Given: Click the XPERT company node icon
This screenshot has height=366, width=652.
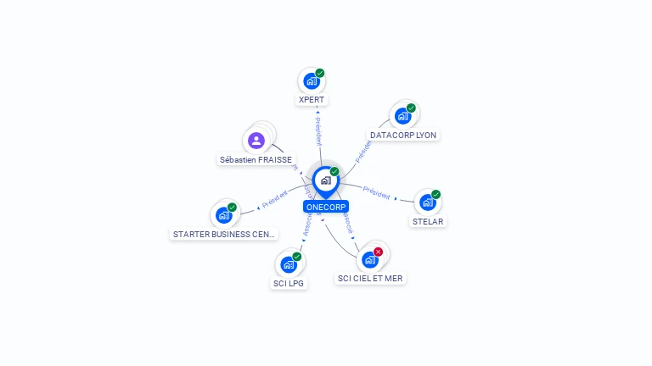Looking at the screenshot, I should [311, 82].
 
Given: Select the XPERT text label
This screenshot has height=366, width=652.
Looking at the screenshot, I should [312, 100].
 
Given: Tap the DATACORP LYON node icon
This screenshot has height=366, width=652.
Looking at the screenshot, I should [402, 116].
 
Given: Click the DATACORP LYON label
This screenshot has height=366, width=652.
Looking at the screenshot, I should [404, 135].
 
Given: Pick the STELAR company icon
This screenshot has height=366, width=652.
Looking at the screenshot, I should [427, 202].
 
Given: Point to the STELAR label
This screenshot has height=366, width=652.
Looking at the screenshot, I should [428, 222].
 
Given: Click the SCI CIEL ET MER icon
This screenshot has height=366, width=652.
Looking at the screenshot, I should [369, 260].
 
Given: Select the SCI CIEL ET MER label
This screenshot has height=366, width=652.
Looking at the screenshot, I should [370, 278].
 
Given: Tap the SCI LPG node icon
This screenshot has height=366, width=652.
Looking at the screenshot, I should [289, 264].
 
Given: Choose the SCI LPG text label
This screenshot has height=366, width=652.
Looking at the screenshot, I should [289, 283].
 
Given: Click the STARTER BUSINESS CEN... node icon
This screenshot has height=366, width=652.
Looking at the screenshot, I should [223, 215].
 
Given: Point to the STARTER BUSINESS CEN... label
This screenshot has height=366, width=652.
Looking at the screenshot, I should [224, 234].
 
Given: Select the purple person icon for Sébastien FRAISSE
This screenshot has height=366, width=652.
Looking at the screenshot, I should [256, 140].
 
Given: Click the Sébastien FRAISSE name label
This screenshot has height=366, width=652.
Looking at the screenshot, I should [256, 159].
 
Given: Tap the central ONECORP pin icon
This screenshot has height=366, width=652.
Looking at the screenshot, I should [325, 180].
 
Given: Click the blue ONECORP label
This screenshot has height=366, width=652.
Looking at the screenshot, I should [326, 207].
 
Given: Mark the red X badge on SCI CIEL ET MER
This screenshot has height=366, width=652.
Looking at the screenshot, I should [379, 252].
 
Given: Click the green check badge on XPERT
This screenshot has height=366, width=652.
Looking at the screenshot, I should [320, 73].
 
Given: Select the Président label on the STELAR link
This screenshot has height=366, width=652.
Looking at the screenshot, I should [376, 191].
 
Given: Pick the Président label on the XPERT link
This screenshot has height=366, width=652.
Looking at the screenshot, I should [318, 132].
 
